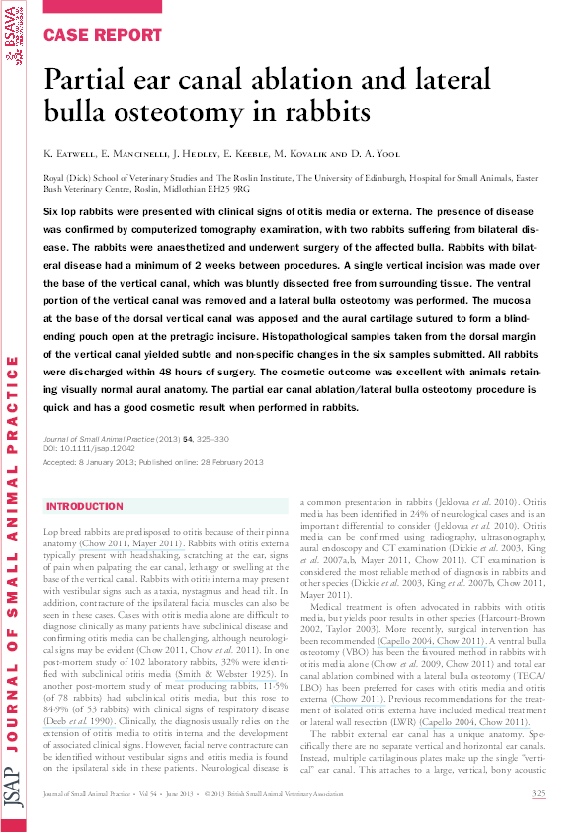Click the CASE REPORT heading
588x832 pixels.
(x=103, y=35)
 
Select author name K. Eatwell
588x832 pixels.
(x=68, y=155)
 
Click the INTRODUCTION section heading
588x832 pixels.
(x=85, y=506)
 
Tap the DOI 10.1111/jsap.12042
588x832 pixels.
(x=94, y=448)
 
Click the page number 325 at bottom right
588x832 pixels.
(x=539, y=794)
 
